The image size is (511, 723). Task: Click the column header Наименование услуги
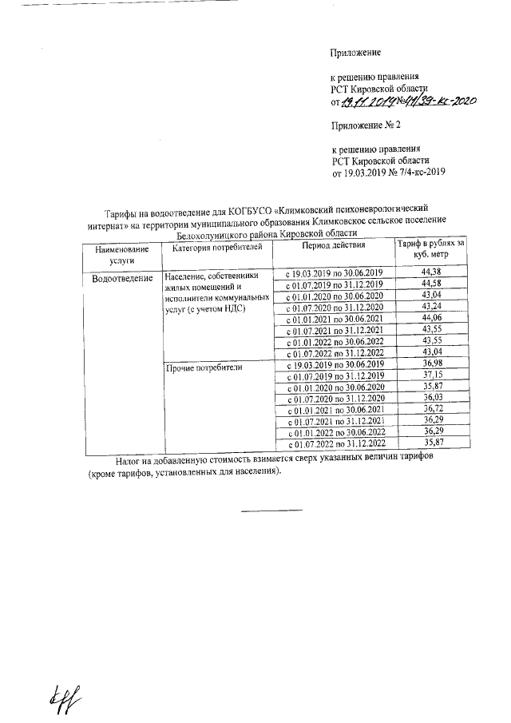coord(121,255)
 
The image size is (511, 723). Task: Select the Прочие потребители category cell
coord(203,368)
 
